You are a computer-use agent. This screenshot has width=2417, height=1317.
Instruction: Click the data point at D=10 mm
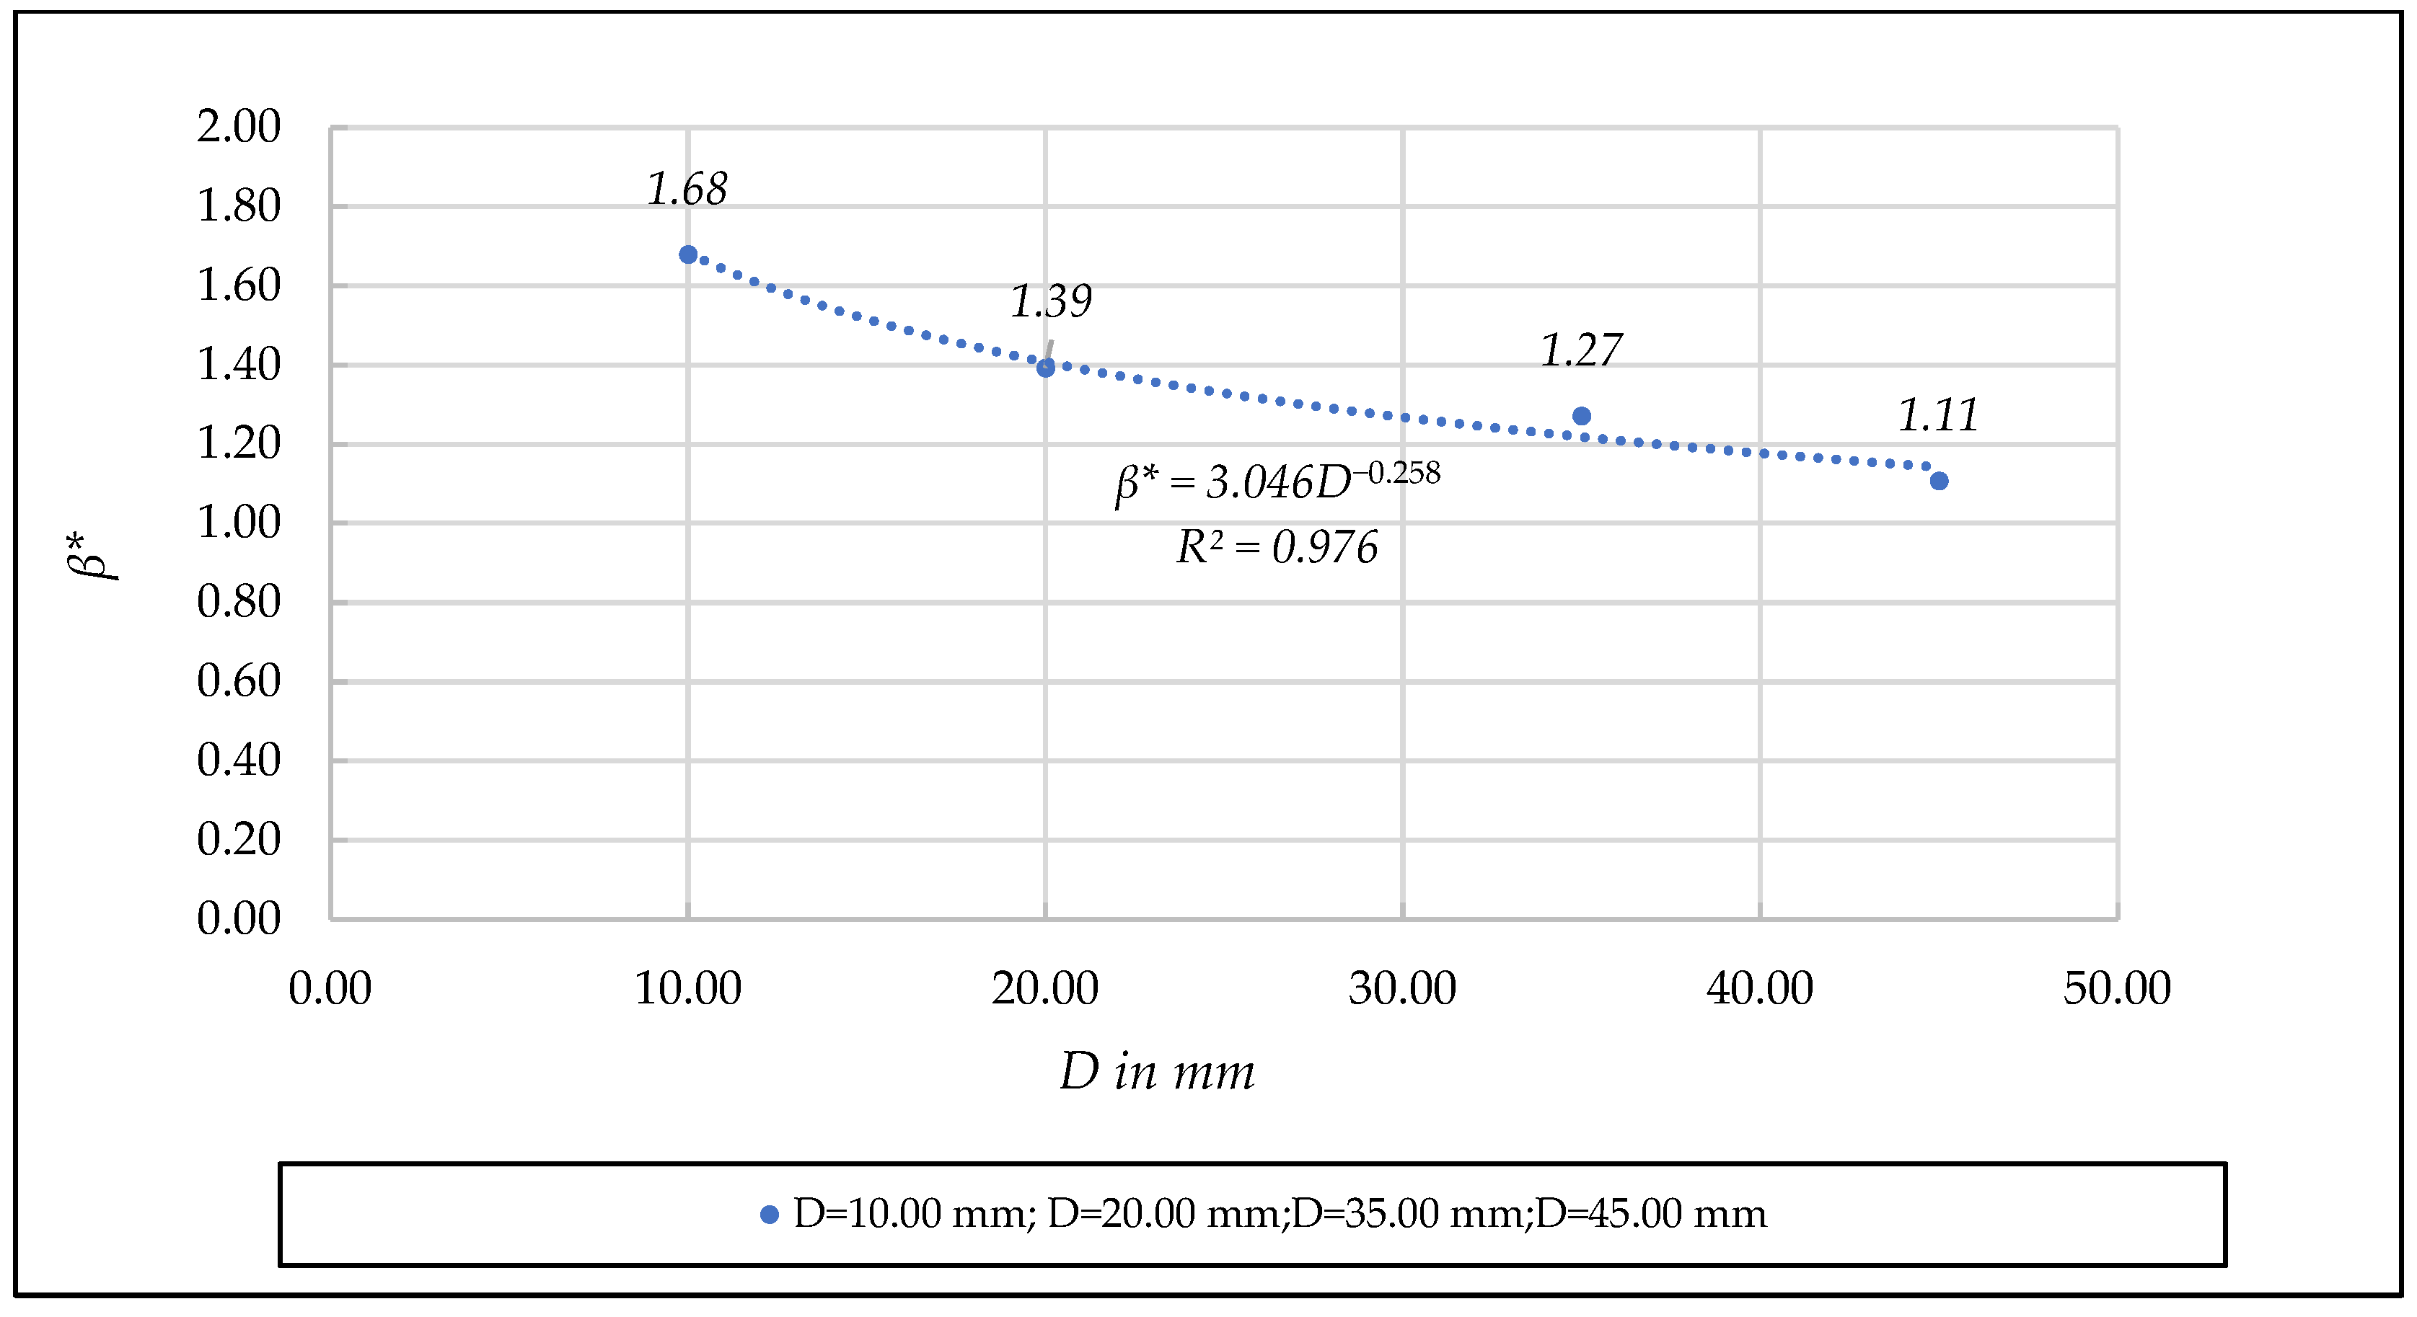click(688, 254)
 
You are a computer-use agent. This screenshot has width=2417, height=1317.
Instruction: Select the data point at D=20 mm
click(1045, 368)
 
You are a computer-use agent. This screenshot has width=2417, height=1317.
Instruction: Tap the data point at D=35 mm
click(1581, 415)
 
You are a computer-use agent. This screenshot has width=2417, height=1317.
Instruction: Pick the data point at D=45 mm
click(1939, 482)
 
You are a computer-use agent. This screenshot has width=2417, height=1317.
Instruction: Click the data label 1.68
click(687, 190)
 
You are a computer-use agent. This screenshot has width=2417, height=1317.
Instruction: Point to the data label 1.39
click(1050, 301)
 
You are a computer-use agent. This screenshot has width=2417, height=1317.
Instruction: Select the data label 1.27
click(1580, 351)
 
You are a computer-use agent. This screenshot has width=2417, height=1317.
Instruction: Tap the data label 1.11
click(1937, 415)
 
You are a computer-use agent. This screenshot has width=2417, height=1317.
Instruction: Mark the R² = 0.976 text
click(1276, 548)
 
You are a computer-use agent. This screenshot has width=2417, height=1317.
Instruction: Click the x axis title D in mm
click(1156, 1071)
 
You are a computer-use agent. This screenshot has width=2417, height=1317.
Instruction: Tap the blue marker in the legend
click(770, 1215)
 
